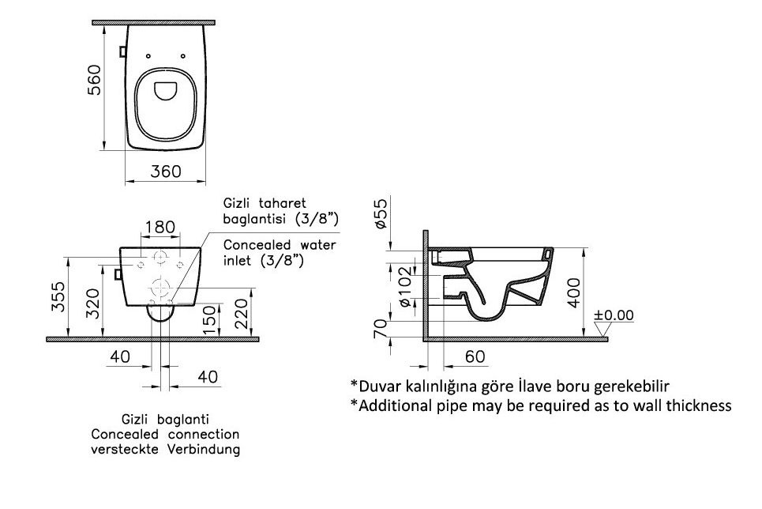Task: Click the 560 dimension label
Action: pyautogui.click(x=94, y=80)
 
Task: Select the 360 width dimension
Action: pyautogui.click(x=166, y=172)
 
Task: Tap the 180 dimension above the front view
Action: pyautogui.click(x=160, y=227)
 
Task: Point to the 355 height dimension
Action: pyautogui.click(x=58, y=296)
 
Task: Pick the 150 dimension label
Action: pyautogui.click(x=209, y=320)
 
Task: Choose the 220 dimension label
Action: pyautogui.click(x=241, y=314)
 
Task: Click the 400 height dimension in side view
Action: pyautogui.click(x=574, y=292)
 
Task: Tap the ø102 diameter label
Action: pyautogui.click(x=405, y=287)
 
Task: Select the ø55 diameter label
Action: pyautogui.click(x=381, y=213)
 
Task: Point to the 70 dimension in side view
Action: pyautogui.click(x=381, y=329)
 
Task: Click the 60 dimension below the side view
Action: pyautogui.click(x=475, y=356)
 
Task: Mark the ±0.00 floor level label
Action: pyautogui.click(x=614, y=315)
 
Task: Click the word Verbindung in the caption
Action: pyautogui.click(x=204, y=449)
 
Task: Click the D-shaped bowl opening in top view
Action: pyautogui.click(x=166, y=91)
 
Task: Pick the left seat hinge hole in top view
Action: pyautogui.click(x=148, y=56)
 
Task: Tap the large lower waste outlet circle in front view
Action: pyautogui.click(x=160, y=288)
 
